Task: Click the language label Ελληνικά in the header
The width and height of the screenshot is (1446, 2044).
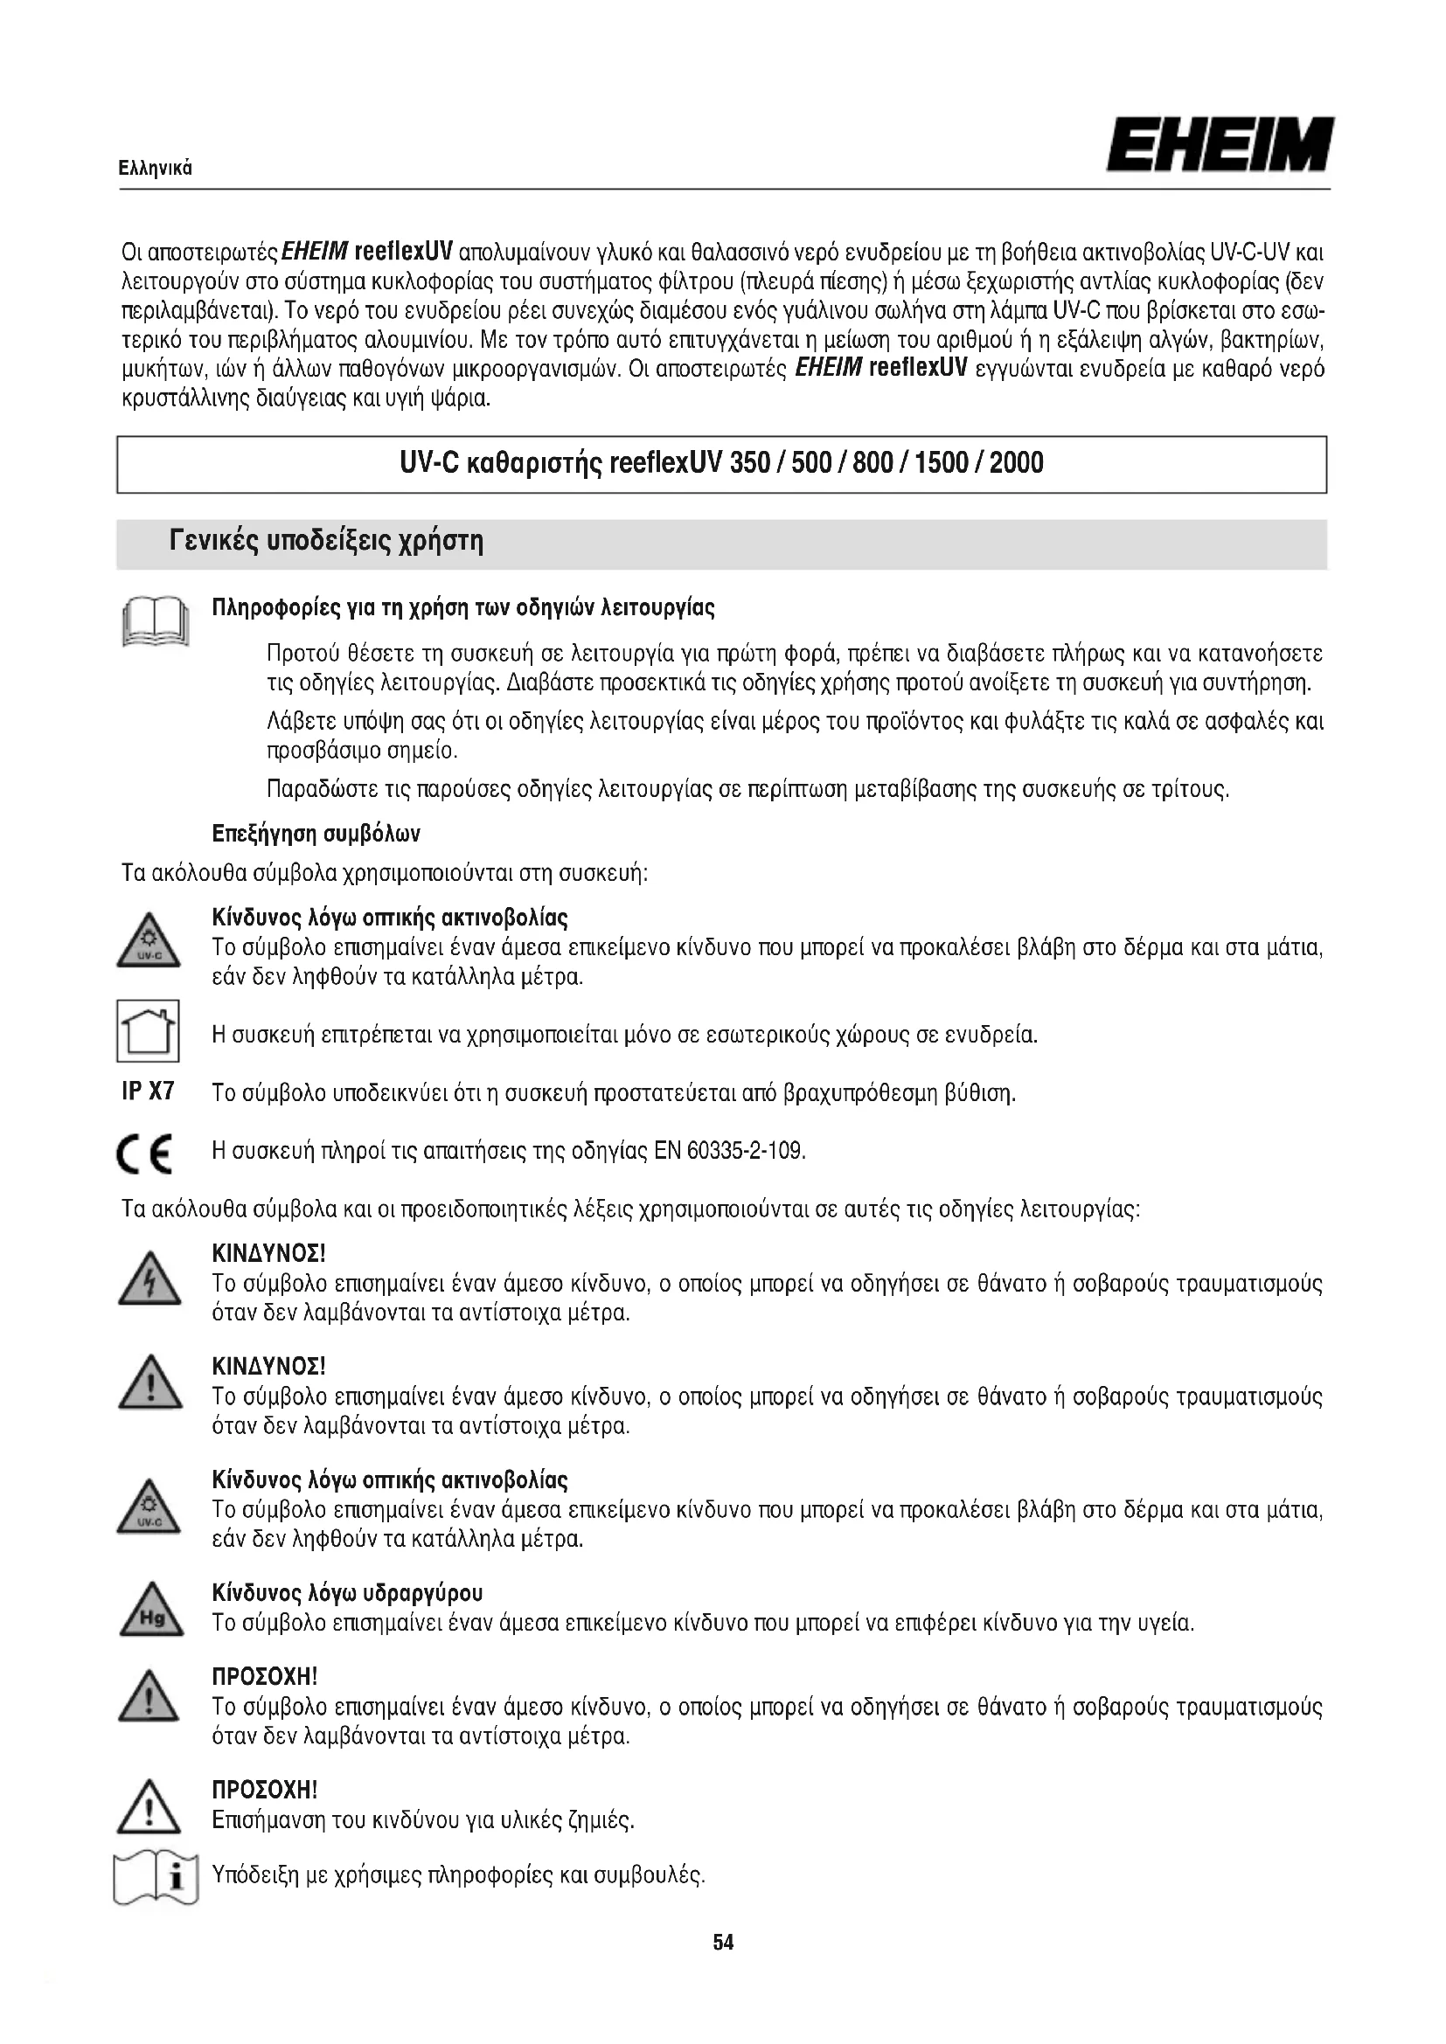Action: [156, 169]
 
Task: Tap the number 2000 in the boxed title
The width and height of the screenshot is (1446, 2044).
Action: [1016, 464]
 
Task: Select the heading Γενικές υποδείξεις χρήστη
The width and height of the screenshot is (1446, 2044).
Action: [326, 541]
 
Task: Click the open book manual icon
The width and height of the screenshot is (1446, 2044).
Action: [155, 622]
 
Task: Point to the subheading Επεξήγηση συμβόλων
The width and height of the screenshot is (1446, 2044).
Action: [316, 835]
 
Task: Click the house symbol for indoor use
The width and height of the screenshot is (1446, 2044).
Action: [148, 1031]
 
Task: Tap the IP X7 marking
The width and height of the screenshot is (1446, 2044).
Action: [148, 1091]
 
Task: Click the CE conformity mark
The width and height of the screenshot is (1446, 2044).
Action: [145, 1154]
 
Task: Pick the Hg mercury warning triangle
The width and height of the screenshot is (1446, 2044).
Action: [150, 1612]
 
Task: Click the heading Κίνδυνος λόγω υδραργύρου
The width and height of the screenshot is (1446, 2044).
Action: [347, 1593]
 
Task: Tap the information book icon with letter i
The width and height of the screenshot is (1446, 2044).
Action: [156, 1880]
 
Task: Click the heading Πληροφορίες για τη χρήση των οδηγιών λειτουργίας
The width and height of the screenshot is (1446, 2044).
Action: [463, 609]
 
